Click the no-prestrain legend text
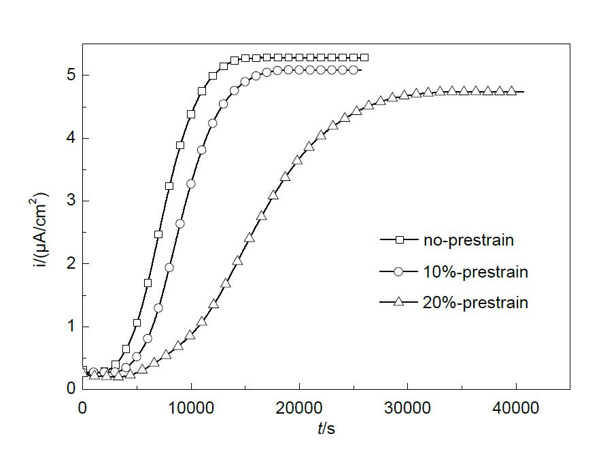pyautogui.click(x=468, y=239)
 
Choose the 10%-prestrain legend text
pyautogui.click(x=475, y=271)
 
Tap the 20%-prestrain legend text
pyautogui.click(x=475, y=303)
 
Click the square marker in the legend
pyautogui.click(x=400, y=239)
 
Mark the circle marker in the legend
pyautogui.click(x=400, y=271)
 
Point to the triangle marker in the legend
pyautogui.click(x=400, y=302)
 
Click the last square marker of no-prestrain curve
pyautogui.click(x=364, y=58)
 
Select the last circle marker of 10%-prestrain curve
pyautogui.click(x=353, y=70)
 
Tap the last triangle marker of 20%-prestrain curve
pyautogui.click(x=512, y=91)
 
